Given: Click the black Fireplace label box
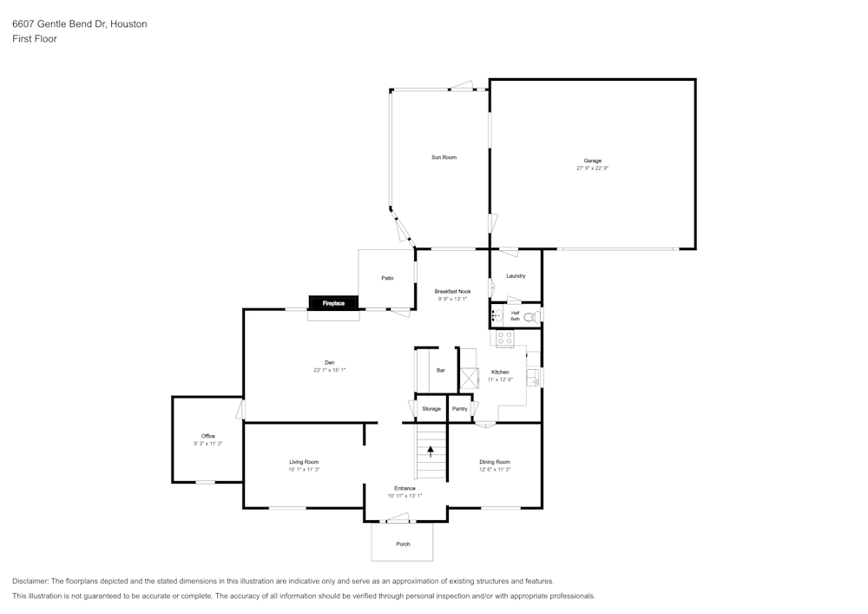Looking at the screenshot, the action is point(333,303).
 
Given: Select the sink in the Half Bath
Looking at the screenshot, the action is point(496,315).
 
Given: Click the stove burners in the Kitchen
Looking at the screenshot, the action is point(504,338).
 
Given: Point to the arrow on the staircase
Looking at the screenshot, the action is point(431,452).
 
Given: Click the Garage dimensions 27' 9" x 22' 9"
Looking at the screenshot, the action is point(592,168).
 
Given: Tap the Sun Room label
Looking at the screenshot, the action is point(444,157).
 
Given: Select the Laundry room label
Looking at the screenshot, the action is point(516,275).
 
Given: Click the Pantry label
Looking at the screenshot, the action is point(459,408).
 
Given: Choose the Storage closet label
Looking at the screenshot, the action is point(431,408).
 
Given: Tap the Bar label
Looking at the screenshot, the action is point(441,370).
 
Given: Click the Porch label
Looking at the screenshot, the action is point(403,544).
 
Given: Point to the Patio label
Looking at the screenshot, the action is point(387,278).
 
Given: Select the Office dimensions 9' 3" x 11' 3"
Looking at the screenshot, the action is point(208,444).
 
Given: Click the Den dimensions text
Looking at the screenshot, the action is point(329,370).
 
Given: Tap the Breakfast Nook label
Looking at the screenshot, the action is point(453,291).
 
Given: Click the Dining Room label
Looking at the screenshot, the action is point(495,462).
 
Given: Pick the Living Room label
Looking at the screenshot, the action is point(304,462).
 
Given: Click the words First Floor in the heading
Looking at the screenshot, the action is point(35,39).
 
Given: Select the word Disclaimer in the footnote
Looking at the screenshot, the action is point(30,581).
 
